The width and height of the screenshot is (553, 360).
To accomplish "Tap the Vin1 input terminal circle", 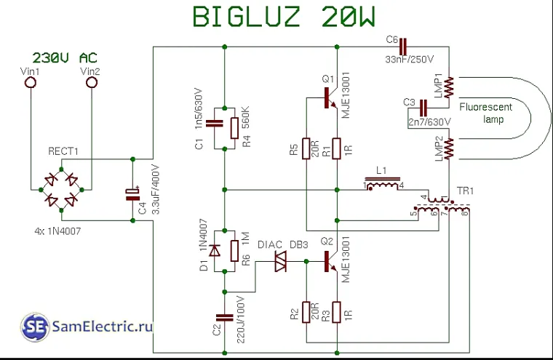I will tap(31, 83).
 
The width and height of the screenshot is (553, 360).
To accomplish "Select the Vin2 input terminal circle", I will tap(91, 83).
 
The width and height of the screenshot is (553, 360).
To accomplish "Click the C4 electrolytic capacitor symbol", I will tap(133, 193).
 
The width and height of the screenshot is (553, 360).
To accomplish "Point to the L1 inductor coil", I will tap(383, 186).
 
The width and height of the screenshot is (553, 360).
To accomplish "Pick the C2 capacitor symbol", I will tap(225, 317).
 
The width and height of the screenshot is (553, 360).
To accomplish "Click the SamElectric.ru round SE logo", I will tap(33, 327).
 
